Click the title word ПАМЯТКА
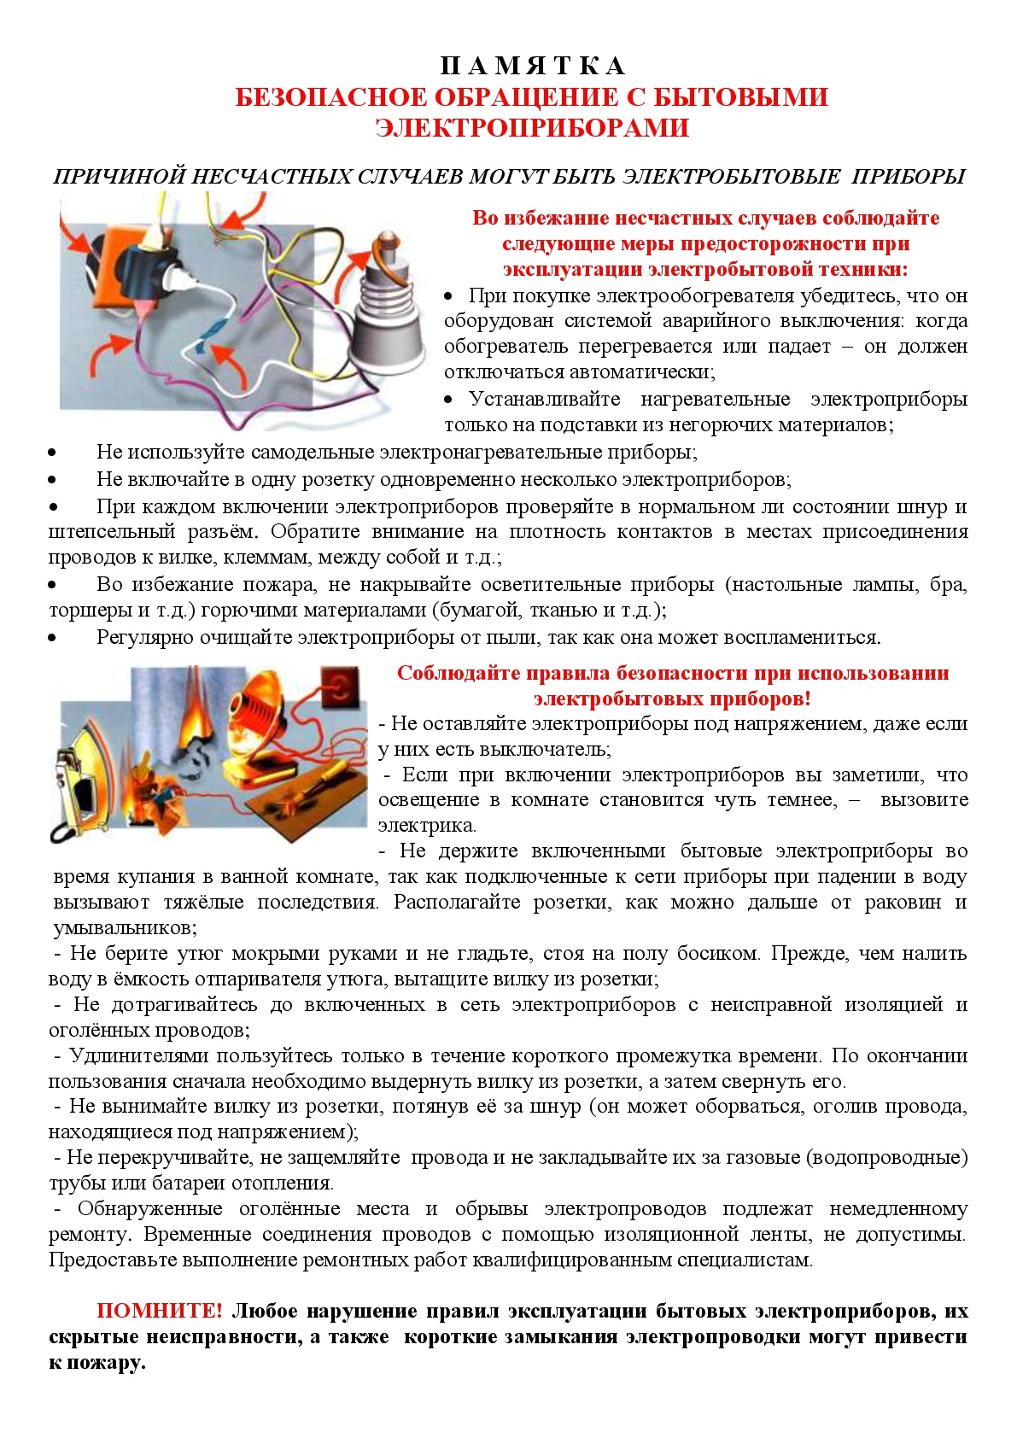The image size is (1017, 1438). tap(532, 66)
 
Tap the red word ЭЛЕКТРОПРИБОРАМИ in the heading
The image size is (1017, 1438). tap(531, 128)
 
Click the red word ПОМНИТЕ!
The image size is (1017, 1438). tap(160, 1312)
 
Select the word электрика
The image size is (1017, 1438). tap(427, 826)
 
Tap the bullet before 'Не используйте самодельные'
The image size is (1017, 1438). tap(53, 453)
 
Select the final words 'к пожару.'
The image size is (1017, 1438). tap(96, 1363)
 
